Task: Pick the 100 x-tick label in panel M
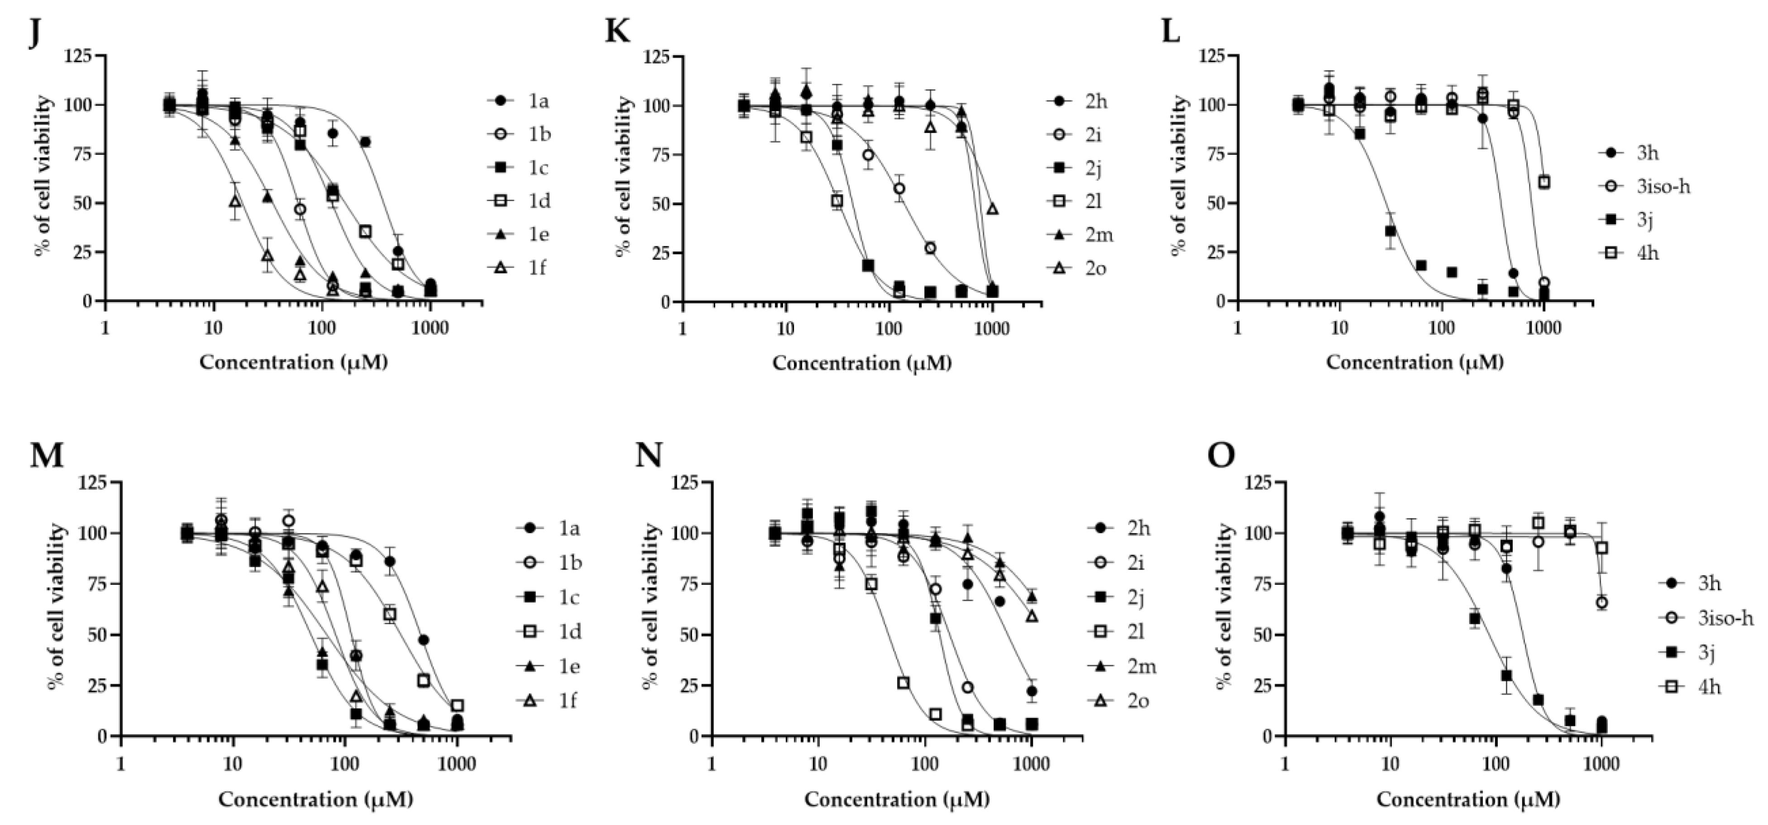[x=345, y=764]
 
